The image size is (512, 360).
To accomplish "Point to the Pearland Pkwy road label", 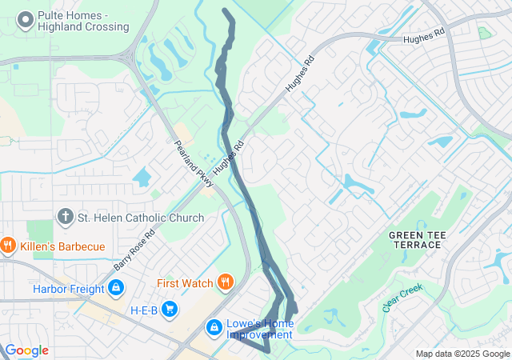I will click(x=194, y=165).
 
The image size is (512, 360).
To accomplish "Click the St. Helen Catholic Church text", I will click(x=140, y=218).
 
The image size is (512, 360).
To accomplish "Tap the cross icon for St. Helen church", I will click(x=66, y=217).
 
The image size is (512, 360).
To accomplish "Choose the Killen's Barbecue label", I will click(x=62, y=246).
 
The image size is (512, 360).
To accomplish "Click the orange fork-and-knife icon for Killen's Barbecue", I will click(x=9, y=246).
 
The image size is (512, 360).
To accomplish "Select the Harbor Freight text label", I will click(x=69, y=289).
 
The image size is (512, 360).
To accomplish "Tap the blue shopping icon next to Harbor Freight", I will click(x=117, y=287).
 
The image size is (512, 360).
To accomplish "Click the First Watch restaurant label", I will click(x=185, y=283).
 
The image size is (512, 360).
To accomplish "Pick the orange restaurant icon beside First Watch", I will click(x=226, y=282).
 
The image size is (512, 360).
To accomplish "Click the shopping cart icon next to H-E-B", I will click(x=170, y=309).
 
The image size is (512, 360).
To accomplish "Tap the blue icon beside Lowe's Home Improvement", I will click(x=214, y=327).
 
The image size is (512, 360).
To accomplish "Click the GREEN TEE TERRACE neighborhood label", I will click(x=415, y=239).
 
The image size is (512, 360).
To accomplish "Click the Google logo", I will click(x=26, y=350).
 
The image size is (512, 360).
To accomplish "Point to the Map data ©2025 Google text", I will click(x=462, y=354).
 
